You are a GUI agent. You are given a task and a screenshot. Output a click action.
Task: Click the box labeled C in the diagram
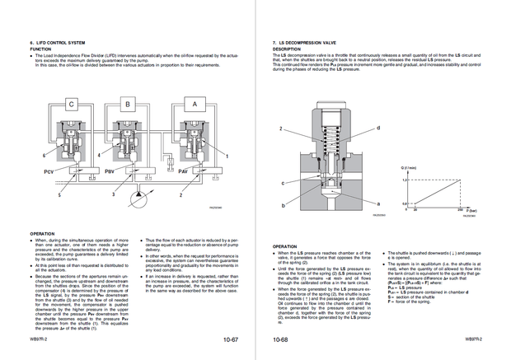click(71, 105)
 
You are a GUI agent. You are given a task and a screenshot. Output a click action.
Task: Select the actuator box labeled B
click(128, 105)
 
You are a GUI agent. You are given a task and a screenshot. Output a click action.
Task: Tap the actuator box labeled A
click(194, 105)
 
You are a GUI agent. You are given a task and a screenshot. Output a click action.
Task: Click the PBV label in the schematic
click(110, 171)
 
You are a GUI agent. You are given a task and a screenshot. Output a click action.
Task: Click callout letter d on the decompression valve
click(378, 128)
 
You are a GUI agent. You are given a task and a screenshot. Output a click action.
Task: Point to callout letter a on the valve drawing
click(378, 203)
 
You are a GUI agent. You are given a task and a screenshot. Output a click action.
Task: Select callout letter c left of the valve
click(283, 183)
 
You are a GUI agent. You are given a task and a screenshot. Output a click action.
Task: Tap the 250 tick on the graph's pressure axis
click(458, 209)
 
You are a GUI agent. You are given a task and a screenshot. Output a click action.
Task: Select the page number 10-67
click(230, 339)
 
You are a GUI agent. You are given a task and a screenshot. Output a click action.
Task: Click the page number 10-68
click(281, 339)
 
